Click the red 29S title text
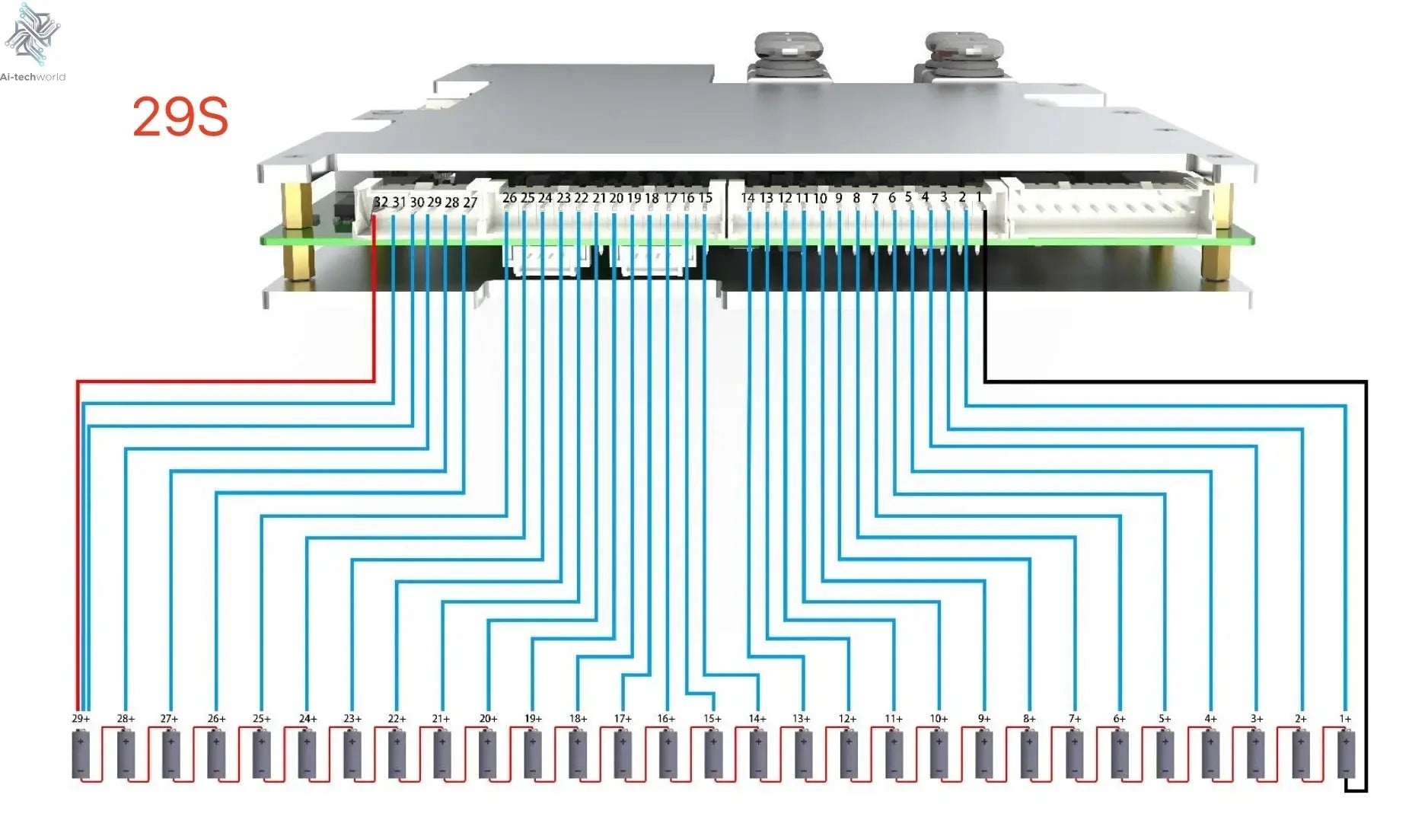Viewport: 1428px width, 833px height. (180, 117)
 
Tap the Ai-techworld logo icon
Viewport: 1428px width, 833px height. (32, 34)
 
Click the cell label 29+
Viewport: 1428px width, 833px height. (81, 718)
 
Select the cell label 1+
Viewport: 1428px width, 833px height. (1345, 718)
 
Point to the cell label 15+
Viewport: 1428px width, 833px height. (712, 718)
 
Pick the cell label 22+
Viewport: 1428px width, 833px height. (397, 718)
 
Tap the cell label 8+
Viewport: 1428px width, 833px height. (1029, 718)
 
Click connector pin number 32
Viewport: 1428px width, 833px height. (381, 202)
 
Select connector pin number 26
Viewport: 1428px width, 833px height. (509, 198)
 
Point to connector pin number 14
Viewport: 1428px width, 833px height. (747, 198)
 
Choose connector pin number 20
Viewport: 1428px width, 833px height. (616, 198)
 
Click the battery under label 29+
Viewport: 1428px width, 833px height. (81, 754)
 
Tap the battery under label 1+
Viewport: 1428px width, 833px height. (1346, 754)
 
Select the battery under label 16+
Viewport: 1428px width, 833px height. (668, 754)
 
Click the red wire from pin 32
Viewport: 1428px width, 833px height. (228, 381)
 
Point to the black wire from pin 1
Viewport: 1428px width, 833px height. (1172, 381)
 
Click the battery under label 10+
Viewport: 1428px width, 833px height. (939, 754)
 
